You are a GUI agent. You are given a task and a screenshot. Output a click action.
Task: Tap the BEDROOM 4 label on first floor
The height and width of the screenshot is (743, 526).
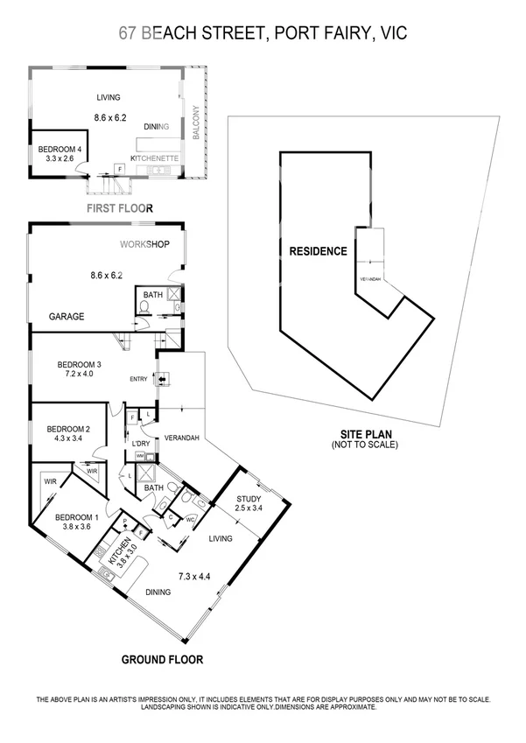pos(60,150)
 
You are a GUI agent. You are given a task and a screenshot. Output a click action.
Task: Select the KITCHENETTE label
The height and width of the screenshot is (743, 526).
pos(155,158)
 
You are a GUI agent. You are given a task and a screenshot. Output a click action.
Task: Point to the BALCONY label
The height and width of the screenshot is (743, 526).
pos(196,123)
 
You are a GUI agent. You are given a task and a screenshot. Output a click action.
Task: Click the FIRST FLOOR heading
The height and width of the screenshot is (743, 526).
pos(120,208)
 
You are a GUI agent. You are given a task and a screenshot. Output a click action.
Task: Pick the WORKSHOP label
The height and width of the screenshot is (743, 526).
pos(144,244)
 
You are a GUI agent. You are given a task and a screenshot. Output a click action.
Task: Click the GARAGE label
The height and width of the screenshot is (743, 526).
pos(67,317)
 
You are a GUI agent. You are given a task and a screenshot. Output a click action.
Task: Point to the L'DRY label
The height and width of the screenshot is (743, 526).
pos(140,445)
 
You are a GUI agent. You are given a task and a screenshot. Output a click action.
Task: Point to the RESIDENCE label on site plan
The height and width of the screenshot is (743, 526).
pos(318,251)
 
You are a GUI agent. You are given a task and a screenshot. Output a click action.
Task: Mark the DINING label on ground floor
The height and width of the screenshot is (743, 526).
pos(158,592)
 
